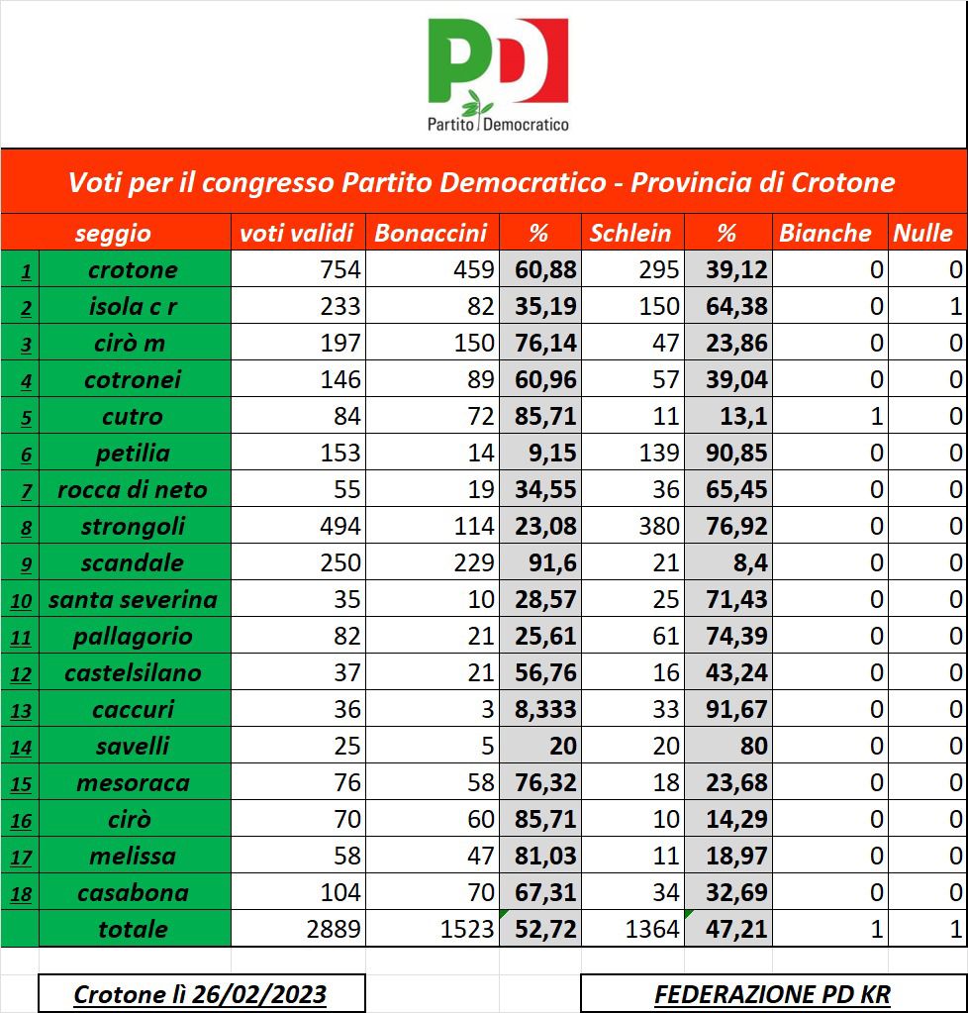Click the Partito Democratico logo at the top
(498, 75)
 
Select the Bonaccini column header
(431, 233)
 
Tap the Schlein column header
(630, 233)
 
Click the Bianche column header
(825, 233)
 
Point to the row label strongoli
(133, 526)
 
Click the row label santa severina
(133, 599)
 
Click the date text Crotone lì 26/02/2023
(201, 994)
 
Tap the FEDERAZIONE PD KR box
(773, 994)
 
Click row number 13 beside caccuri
(21, 710)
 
